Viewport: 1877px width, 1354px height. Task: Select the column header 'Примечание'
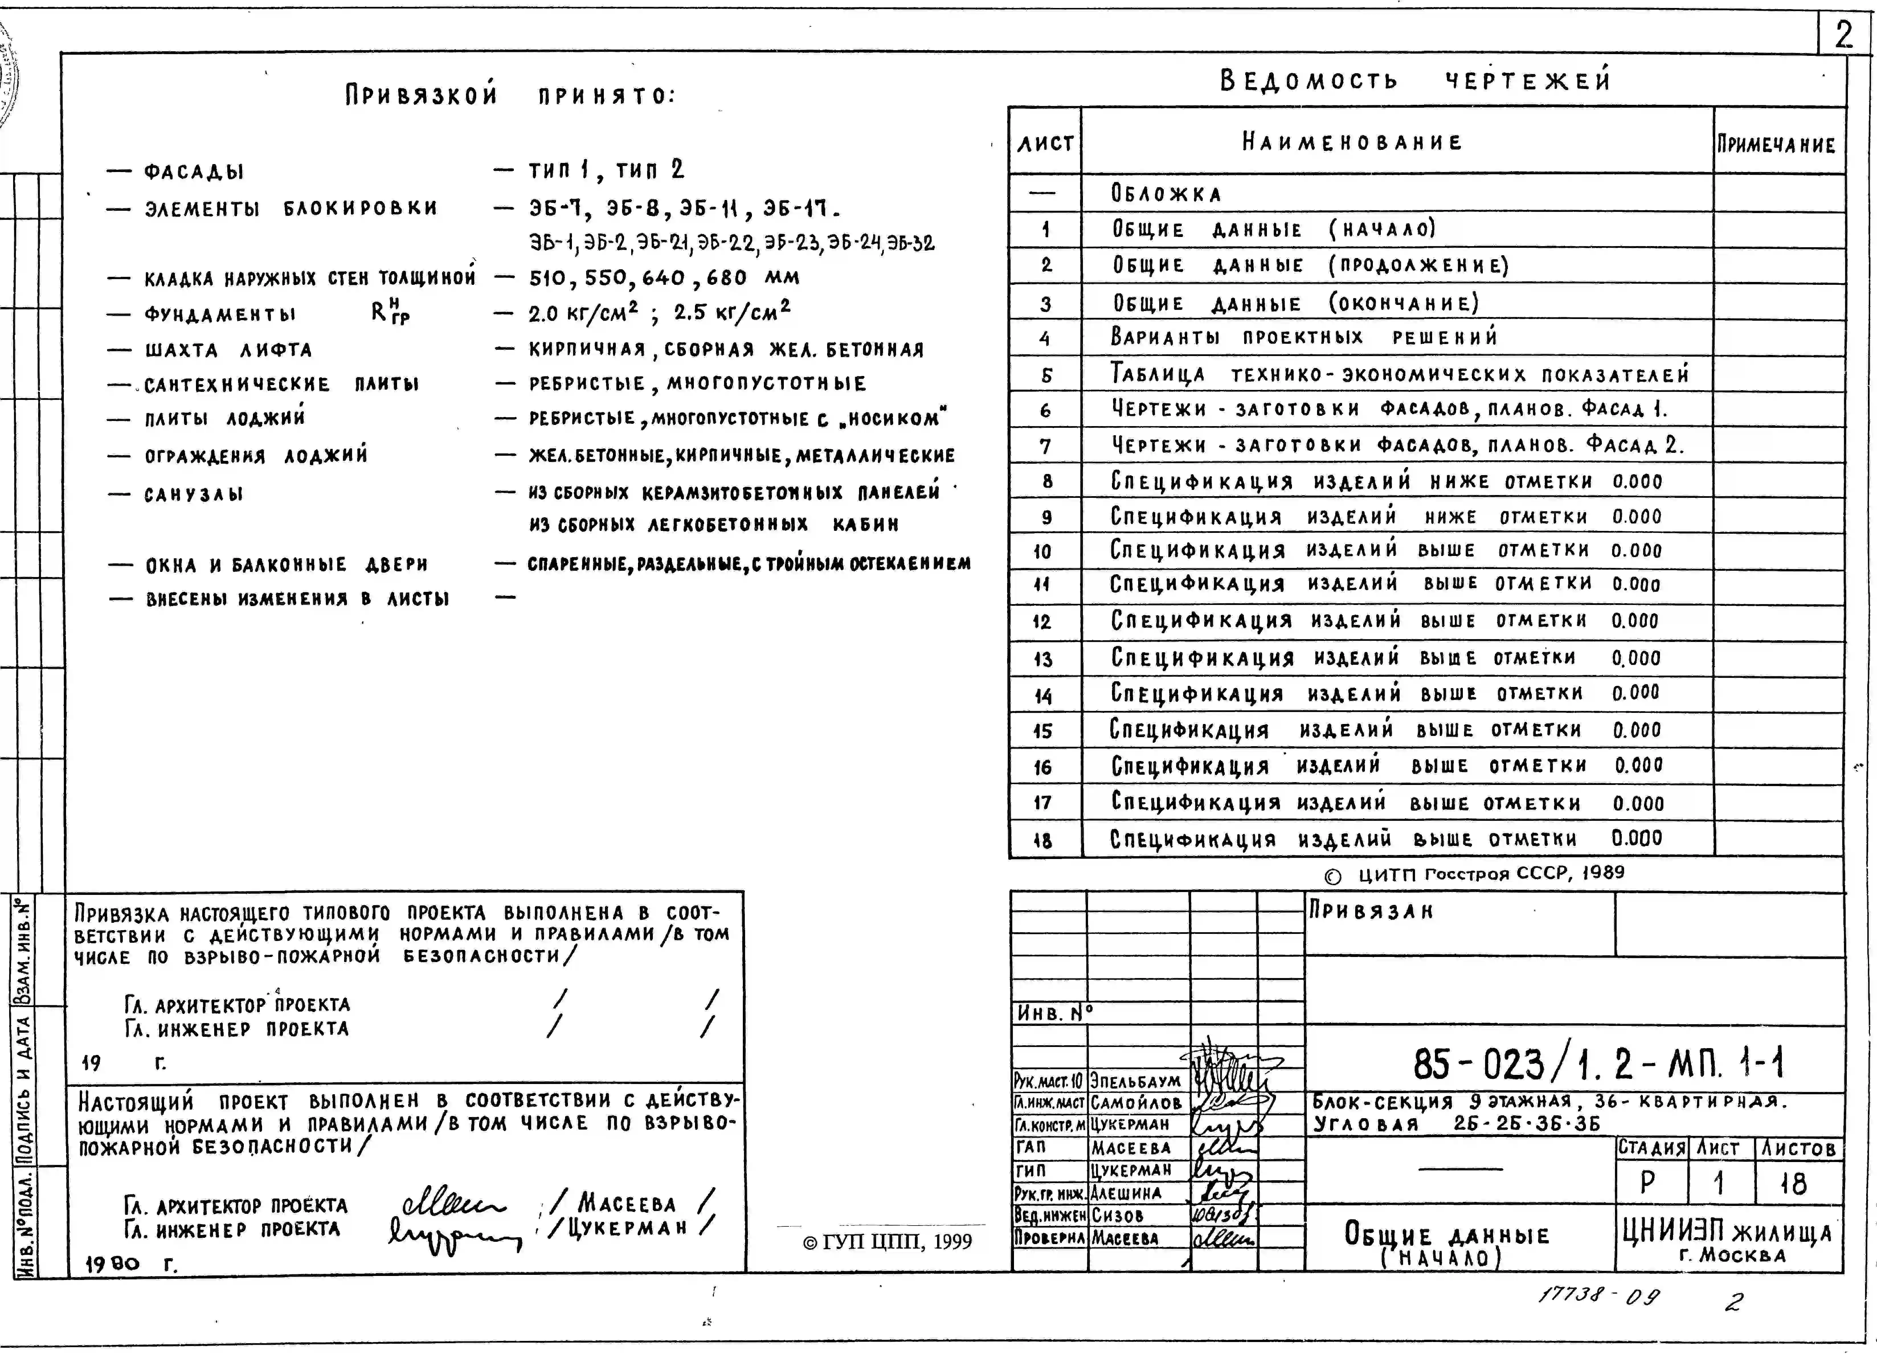pyautogui.click(x=1776, y=145)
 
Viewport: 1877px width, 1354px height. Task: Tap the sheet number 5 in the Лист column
pyautogui.click(x=1046, y=375)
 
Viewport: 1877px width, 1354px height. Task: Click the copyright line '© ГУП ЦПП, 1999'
pyautogui.click(x=887, y=1241)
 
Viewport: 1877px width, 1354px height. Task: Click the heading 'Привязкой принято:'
pyautogui.click(x=510, y=95)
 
